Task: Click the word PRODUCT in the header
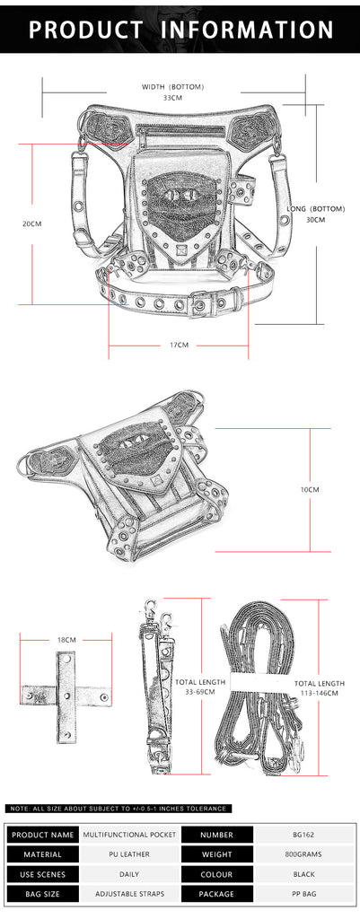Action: point(86,30)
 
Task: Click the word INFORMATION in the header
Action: point(247,30)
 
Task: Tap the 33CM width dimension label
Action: point(172,97)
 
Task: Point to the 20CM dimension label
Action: point(32,223)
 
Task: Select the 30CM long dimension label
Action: point(315,219)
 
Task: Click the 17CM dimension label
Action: point(179,345)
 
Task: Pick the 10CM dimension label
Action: point(310,489)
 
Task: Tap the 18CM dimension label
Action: point(66,639)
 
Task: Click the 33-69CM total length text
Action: point(199,692)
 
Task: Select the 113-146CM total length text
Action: point(319,693)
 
